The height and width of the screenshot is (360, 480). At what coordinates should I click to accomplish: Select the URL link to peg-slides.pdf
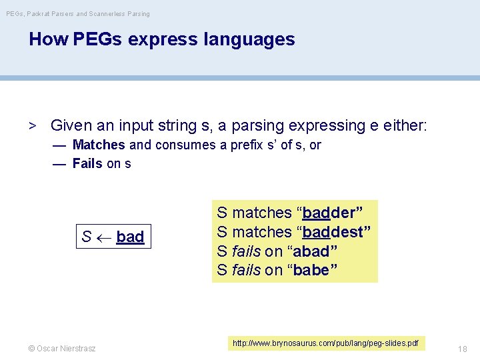tap(326, 343)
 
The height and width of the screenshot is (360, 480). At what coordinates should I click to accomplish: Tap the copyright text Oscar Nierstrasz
tap(62, 349)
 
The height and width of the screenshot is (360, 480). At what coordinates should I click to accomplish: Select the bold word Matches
tap(99, 145)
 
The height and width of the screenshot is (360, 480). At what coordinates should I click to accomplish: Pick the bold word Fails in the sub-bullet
tap(87, 163)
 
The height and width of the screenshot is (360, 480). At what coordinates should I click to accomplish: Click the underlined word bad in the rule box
tap(130, 237)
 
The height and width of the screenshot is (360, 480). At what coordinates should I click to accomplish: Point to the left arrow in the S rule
tap(103, 237)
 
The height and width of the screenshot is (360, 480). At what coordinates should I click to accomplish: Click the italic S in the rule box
tap(87, 237)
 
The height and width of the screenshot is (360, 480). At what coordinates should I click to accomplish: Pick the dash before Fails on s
tap(59, 163)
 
